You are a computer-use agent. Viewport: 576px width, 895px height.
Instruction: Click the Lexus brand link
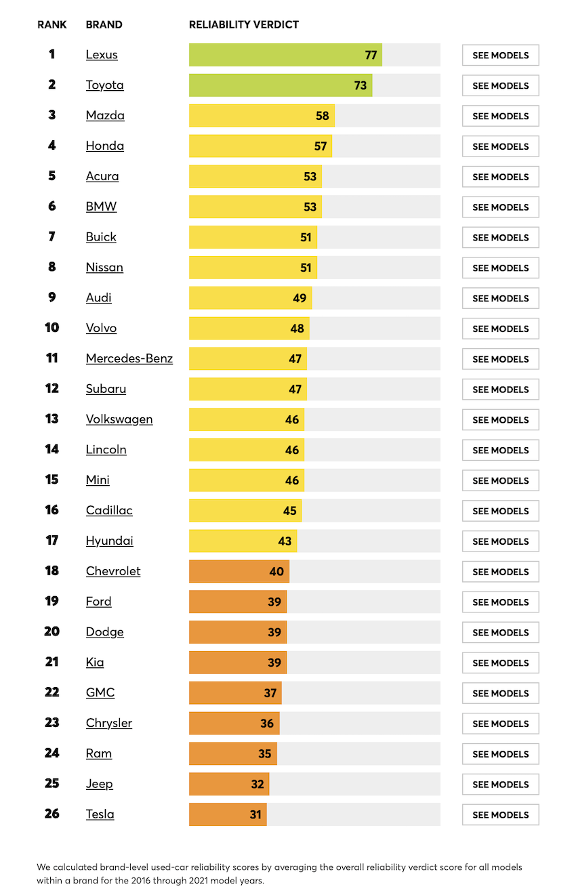(102, 55)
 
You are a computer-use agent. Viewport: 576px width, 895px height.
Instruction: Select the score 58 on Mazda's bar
(323, 116)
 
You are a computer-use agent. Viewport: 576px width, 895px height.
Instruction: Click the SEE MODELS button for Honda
(500, 146)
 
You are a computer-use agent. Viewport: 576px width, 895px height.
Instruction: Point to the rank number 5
(52, 176)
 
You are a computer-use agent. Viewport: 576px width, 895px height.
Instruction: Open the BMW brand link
(101, 207)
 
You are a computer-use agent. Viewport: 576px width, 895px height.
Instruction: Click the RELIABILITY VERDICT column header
(244, 24)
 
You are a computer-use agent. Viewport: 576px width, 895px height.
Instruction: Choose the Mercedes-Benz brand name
(129, 358)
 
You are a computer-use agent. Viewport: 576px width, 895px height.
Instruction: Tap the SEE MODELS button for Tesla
(500, 814)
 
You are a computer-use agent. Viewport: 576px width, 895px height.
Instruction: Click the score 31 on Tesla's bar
(255, 814)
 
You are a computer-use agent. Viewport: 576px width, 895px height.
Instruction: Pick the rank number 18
(52, 571)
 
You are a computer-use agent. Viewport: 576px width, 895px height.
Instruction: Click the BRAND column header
(104, 24)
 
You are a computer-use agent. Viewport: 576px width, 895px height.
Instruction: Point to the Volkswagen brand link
(119, 419)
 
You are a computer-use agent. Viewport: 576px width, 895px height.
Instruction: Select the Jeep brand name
(99, 784)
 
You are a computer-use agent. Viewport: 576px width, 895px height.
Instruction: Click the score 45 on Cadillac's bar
(290, 511)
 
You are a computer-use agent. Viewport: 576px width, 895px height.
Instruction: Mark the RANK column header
(52, 24)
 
